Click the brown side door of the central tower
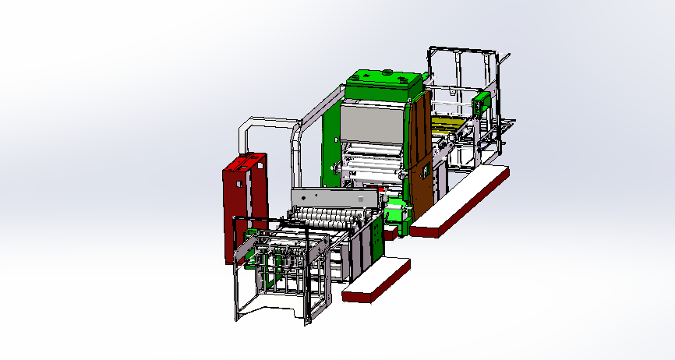(x=421, y=152)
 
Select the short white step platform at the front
(x=378, y=280)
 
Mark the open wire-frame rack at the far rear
(x=464, y=70)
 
